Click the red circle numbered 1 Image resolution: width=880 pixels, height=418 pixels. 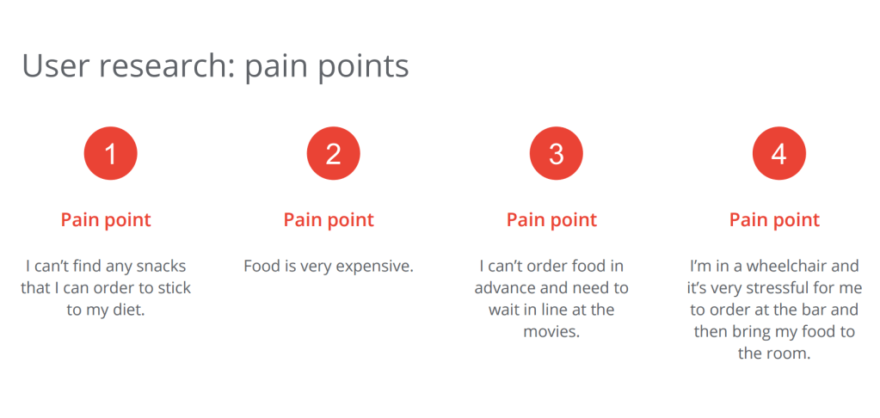111,153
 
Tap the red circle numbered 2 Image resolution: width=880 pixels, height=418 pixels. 334,153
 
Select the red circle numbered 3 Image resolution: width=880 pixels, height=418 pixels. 557,153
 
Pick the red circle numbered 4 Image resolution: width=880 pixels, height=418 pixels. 779,153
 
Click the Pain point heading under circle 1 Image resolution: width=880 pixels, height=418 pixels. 106,219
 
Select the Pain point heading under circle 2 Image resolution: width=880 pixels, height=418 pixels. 329,219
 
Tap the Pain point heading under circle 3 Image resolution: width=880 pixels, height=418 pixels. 551,219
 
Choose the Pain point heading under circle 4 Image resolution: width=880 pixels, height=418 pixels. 774,219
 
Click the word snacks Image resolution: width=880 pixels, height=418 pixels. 162,266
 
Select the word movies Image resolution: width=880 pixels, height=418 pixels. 551,332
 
